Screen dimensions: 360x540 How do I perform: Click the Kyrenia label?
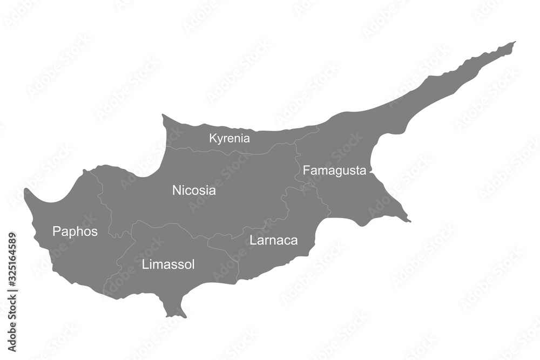point(230,138)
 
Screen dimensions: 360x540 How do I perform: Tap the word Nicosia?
point(194,190)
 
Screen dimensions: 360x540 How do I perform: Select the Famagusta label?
point(334,171)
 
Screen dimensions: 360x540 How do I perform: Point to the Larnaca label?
point(273,240)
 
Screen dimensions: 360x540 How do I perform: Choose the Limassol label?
point(168,264)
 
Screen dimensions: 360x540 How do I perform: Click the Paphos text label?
point(75,232)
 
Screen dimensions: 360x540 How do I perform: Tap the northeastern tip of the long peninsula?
point(514,42)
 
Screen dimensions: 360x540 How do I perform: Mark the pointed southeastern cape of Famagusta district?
point(409,221)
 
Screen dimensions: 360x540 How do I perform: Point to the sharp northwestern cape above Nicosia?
point(163,115)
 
